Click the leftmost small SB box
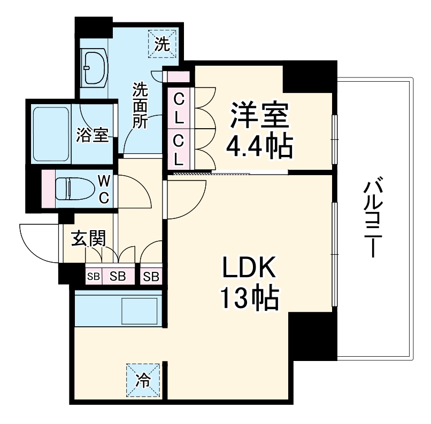coord(94,276)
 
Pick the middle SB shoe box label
coord(118,276)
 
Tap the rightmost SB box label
coord(151,276)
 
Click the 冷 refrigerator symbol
coord(144,380)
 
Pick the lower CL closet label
coord(179,149)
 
